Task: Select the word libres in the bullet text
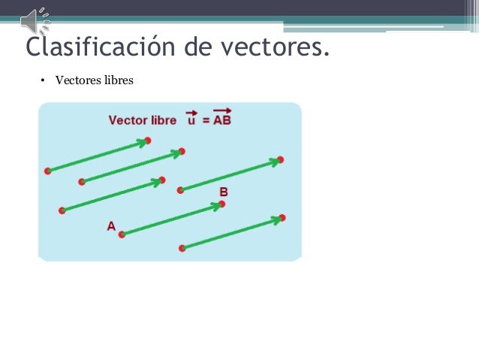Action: (x=117, y=80)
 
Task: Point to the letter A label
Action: (x=111, y=225)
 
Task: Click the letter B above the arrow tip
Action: (x=223, y=192)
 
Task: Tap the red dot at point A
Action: (x=122, y=234)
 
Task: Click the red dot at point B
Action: (x=222, y=204)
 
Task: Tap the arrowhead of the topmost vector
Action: (x=145, y=141)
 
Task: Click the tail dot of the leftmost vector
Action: (x=48, y=171)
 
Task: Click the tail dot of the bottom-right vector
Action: (x=182, y=247)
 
